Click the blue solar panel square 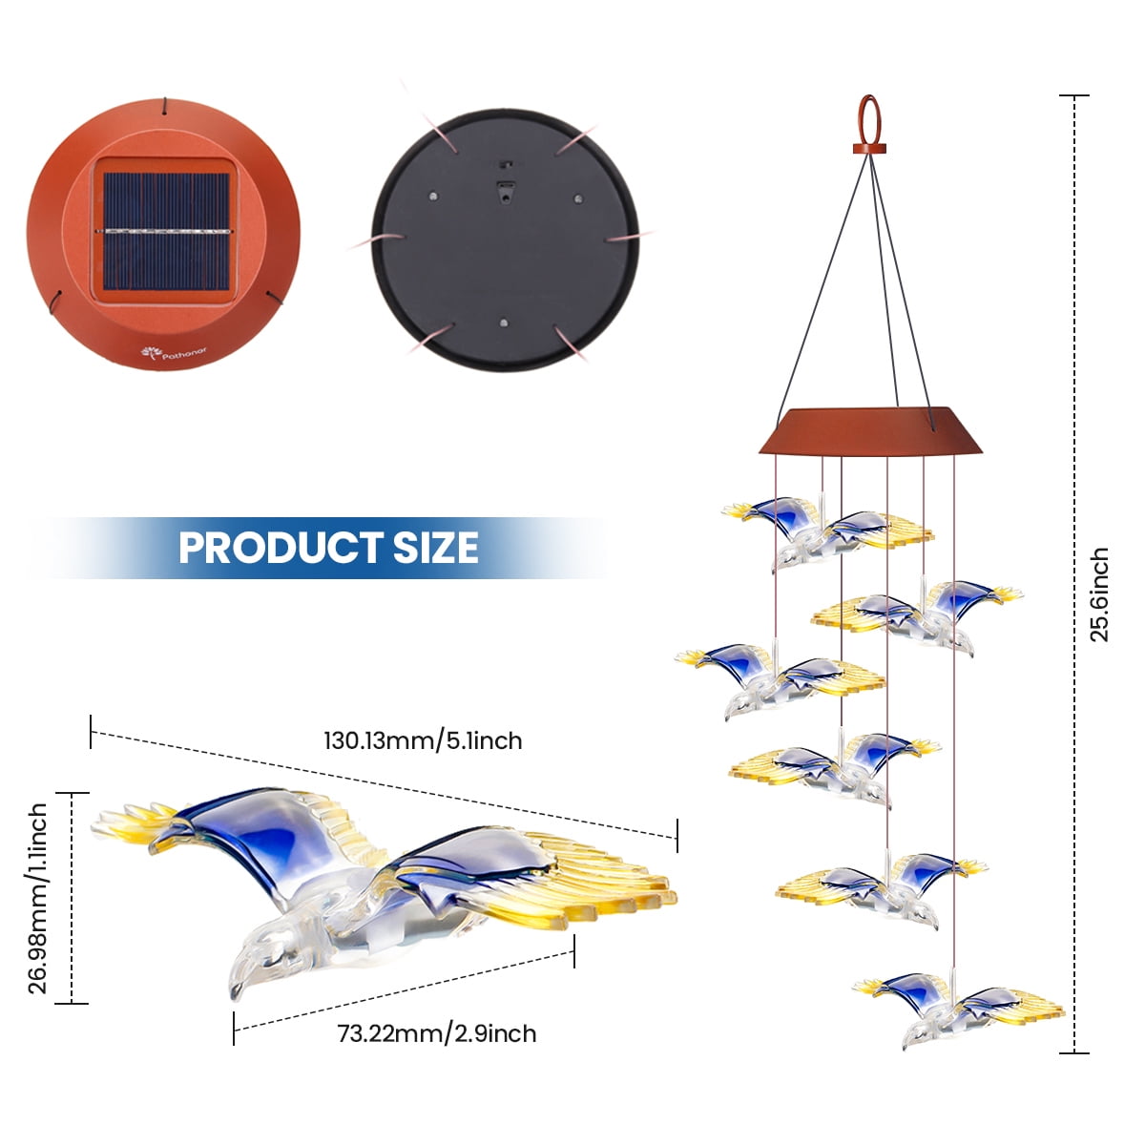pos(166,232)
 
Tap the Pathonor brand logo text pos(184,353)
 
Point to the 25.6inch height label pos(1099,594)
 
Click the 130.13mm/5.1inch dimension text pos(423,741)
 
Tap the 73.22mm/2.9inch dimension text pos(437,1034)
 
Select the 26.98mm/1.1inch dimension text pos(37,898)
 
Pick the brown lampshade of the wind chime pos(871,432)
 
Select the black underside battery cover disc pos(505,239)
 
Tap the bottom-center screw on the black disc pos(504,323)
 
